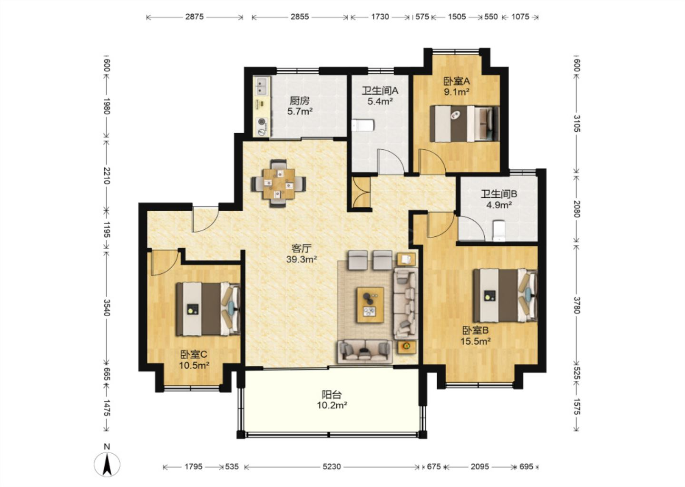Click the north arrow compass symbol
click(x=107, y=464)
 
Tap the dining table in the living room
click(x=279, y=184)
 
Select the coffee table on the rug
click(x=370, y=305)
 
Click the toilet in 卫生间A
click(x=362, y=126)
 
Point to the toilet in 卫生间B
click(x=499, y=231)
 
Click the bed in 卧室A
click(x=464, y=124)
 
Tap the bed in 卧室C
click(x=208, y=309)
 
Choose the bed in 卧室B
click(x=505, y=295)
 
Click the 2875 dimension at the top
click(x=194, y=17)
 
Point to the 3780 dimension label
click(x=577, y=305)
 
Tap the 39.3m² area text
click(x=302, y=260)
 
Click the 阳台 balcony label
click(x=332, y=395)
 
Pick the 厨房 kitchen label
click(x=300, y=100)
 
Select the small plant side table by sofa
click(x=407, y=347)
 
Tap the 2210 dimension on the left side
click(x=107, y=175)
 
